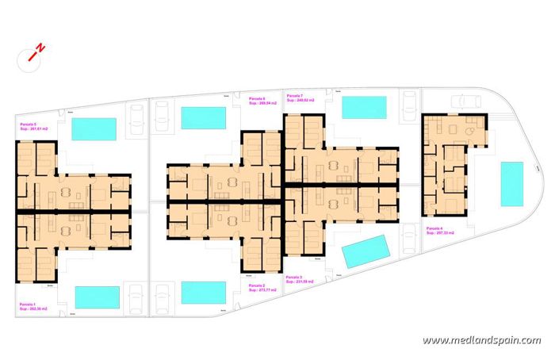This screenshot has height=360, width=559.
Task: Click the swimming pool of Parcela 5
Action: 94,129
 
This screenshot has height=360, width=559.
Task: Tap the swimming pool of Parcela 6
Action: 204,118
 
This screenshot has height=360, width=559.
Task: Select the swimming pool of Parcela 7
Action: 364,107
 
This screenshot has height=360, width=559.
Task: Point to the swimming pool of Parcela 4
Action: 512,184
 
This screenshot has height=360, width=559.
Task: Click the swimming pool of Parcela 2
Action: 204,293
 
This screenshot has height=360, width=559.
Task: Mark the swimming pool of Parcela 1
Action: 97,297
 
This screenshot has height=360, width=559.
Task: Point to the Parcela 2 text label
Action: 257,285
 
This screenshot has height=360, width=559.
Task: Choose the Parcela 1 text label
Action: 30,304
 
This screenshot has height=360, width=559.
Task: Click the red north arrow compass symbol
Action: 36,52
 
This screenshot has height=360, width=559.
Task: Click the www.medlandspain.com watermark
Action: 481,341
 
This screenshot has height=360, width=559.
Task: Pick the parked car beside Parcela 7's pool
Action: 409,105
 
